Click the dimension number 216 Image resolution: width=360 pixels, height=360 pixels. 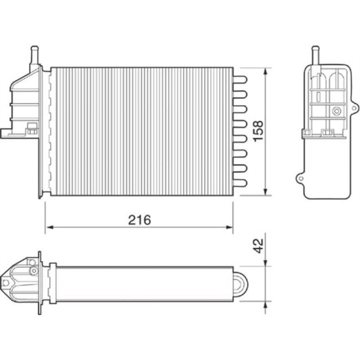point(139,220)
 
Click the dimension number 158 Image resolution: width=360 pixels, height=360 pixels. point(258,131)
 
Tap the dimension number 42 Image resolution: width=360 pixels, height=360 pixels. point(259,246)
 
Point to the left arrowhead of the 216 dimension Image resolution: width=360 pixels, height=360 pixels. point(50,227)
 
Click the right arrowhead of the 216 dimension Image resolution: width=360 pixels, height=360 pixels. point(229,227)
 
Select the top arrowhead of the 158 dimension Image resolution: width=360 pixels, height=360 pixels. point(265,72)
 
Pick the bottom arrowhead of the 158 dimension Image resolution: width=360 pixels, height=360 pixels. point(265,192)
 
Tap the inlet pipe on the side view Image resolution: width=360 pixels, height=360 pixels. point(315,55)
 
